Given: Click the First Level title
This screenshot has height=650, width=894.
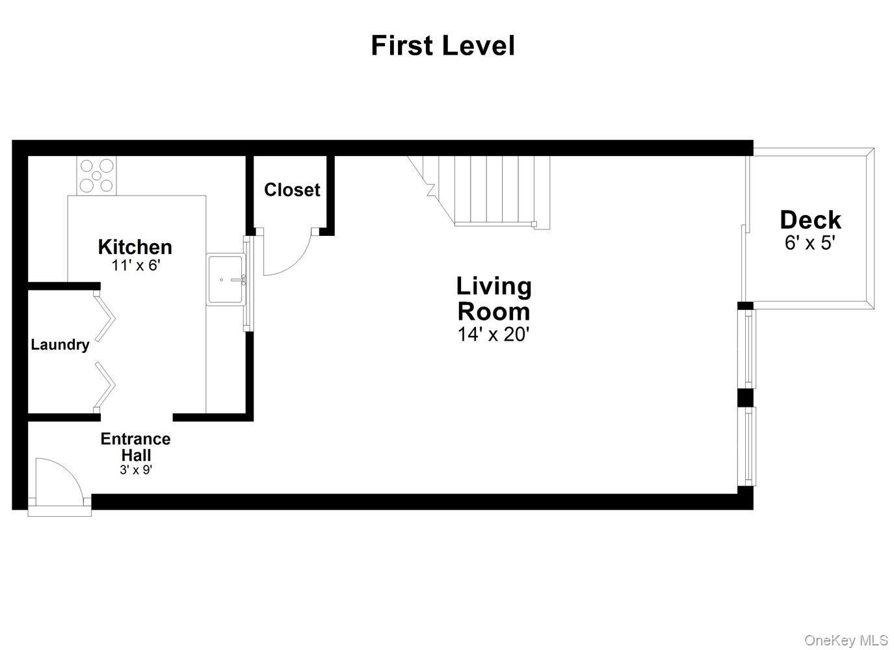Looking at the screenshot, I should point(443,46).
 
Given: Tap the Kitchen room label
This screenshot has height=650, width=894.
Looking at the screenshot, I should point(135,247).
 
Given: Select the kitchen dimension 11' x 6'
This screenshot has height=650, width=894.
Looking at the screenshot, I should point(135,265).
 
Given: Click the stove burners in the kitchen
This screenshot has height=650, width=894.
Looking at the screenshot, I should point(96,175).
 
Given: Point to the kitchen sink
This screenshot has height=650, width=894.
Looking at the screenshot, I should point(225,279).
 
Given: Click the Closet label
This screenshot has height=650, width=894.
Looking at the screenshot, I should point(292,190).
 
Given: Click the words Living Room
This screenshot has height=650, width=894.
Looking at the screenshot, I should point(493,298).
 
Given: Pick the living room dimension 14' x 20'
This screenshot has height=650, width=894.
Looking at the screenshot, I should point(493,335).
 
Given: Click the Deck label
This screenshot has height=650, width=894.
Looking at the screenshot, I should point(810,220).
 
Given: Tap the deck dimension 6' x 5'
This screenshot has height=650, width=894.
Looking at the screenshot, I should point(810,243).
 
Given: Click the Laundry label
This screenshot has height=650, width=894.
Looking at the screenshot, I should point(60,344).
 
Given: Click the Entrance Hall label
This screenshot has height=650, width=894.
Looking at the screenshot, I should point(135,447).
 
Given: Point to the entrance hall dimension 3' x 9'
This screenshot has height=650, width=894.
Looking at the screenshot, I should point(135,470).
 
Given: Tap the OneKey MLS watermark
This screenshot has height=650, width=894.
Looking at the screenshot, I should point(845,640).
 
